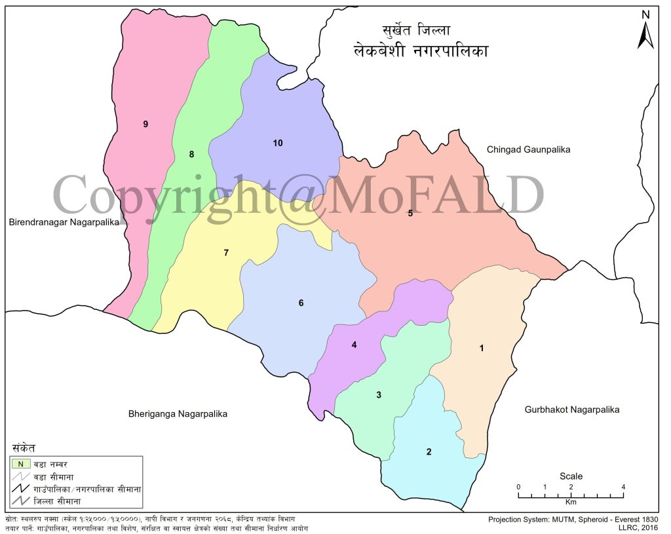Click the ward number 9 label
click(x=145, y=124)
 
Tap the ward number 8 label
click(x=191, y=155)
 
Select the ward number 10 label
click(x=277, y=143)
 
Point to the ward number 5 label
click(x=410, y=212)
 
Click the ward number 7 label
click(x=226, y=252)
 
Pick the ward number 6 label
click(x=301, y=303)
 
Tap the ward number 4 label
click(x=354, y=345)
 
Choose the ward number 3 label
click(x=379, y=394)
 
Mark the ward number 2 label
click(x=429, y=451)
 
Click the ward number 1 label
click(x=482, y=348)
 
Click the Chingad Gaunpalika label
click(x=528, y=149)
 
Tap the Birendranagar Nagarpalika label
click(x=64, y=222)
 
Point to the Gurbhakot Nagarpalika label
click(x=571, y=410)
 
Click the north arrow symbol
click(x=645, y=33)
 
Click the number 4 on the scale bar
click(x=623, y=487)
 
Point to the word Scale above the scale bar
click(x=571, y=476)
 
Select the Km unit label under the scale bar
click(x=571, y=502)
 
